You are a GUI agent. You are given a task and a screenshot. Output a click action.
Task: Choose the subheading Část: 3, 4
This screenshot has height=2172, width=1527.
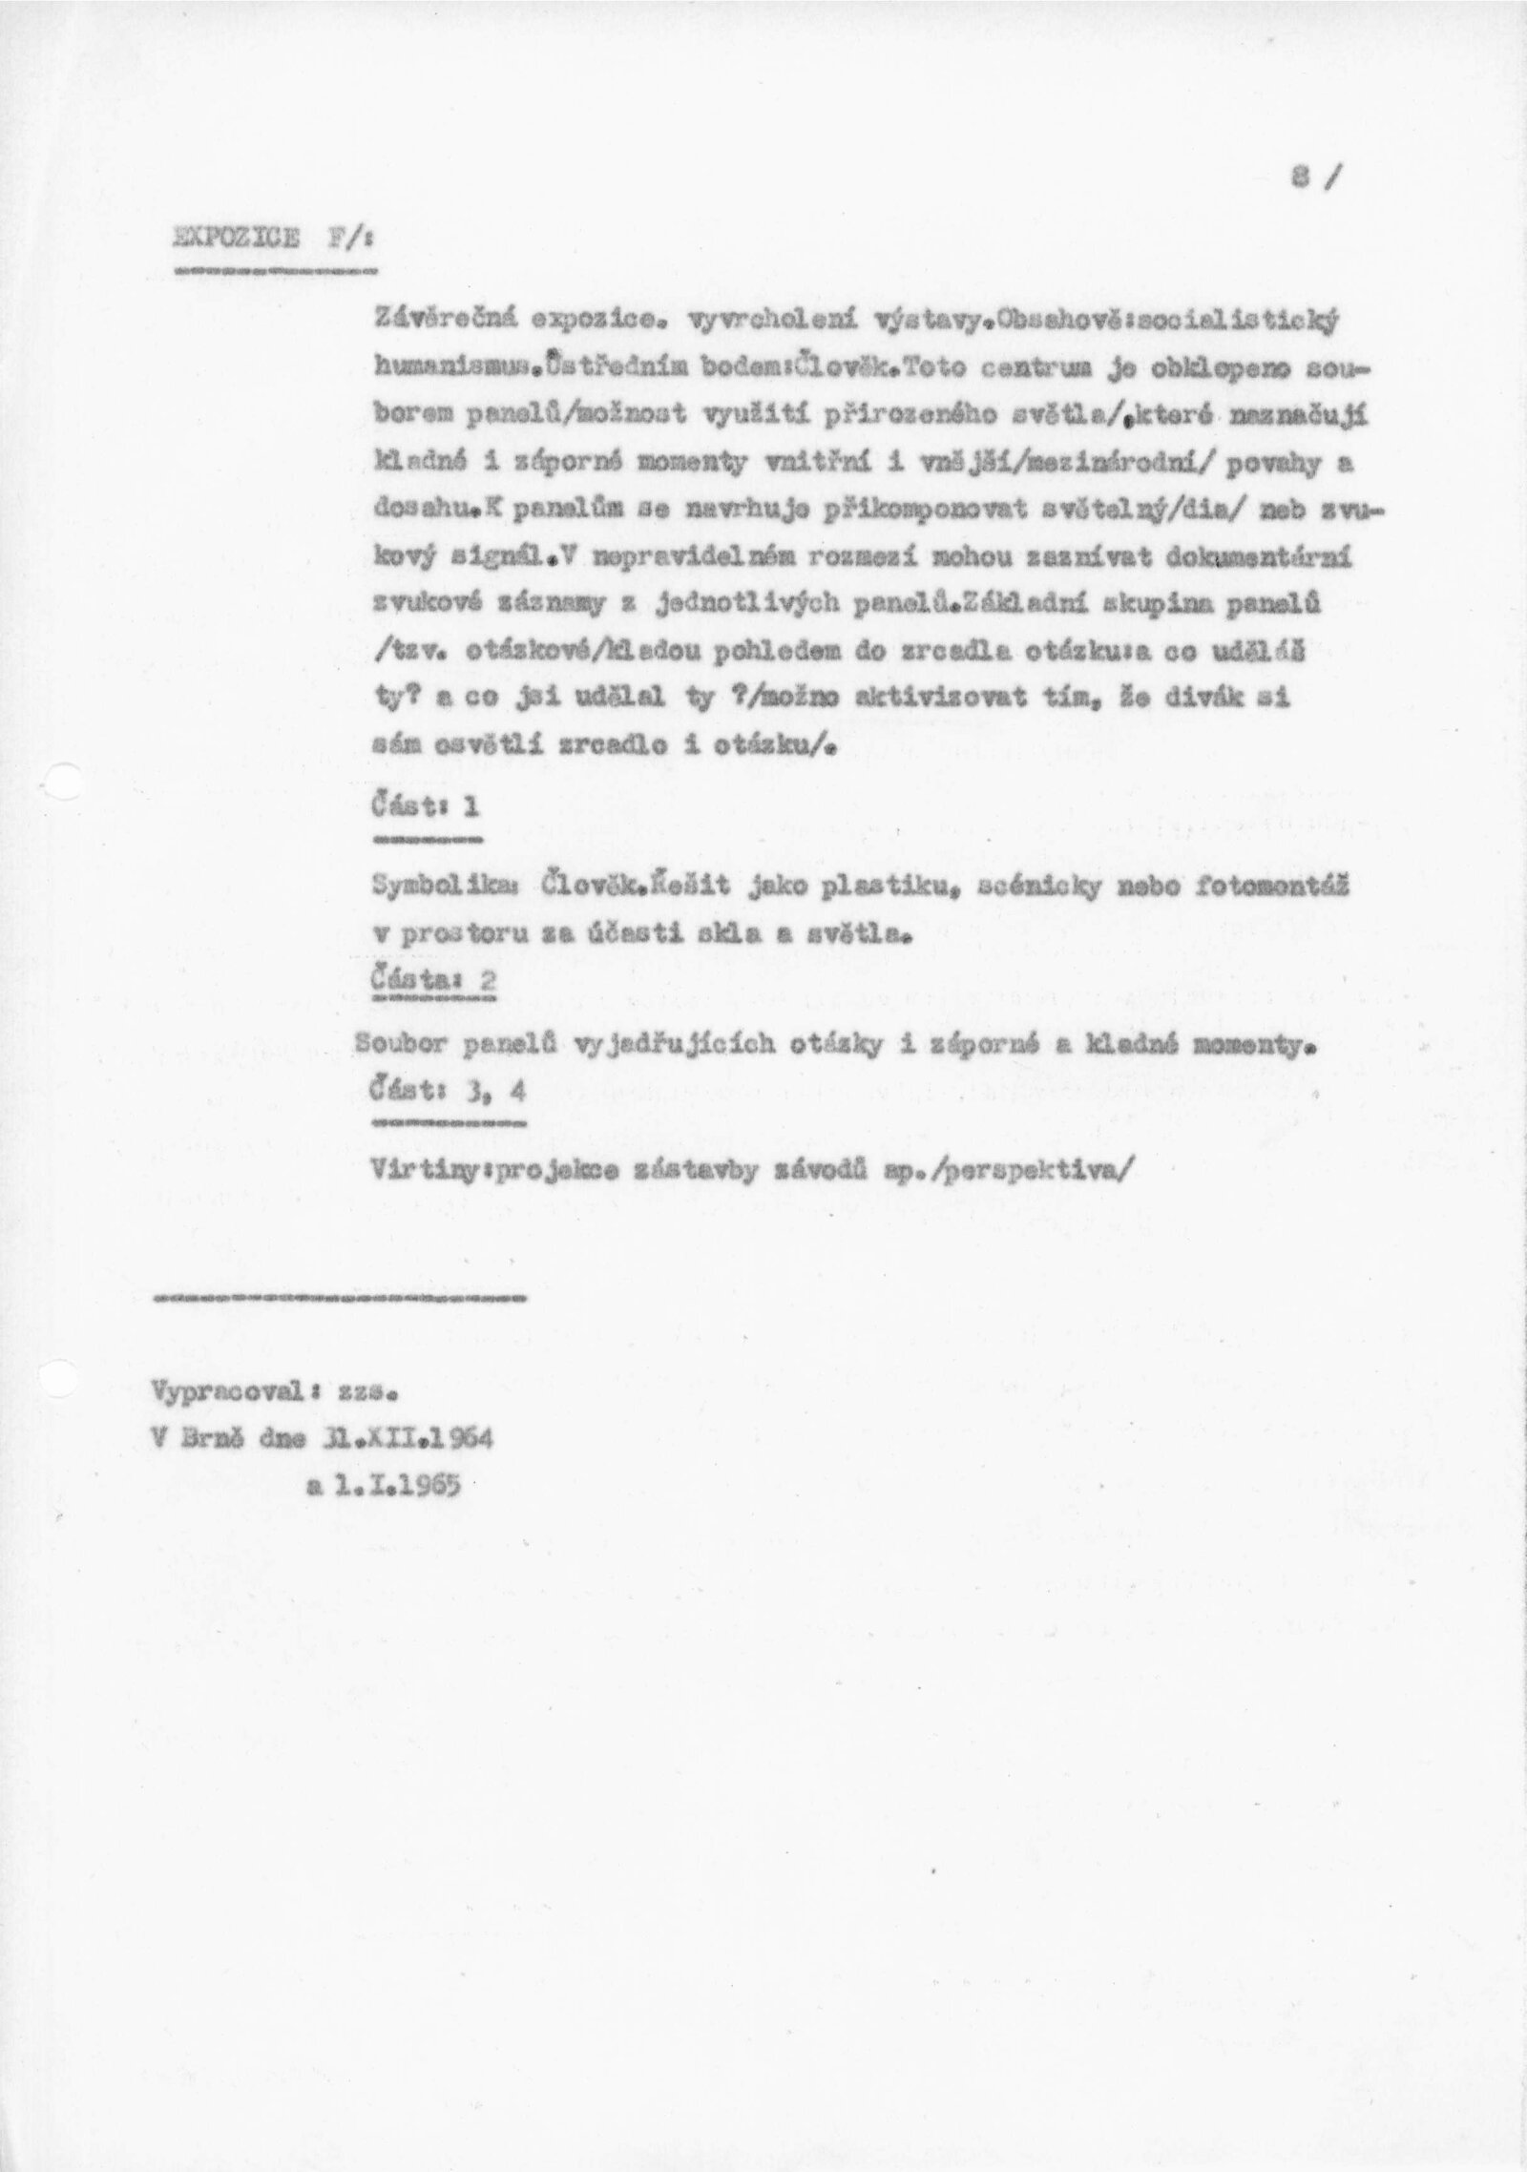click(x=448, y=1094)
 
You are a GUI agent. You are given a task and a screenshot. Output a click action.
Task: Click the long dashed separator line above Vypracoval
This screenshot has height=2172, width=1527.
click(x=339, y=1298)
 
